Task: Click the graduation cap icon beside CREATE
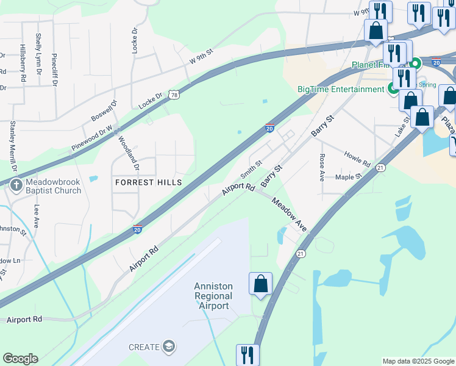(x=168, y=347)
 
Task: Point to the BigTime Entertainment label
(x=340, y=89)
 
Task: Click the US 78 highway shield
(x=174, y=95)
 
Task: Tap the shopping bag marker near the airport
(x=260, y=284)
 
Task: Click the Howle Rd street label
(x=357, y=160)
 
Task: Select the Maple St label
(x=349, y=177)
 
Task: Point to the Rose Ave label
(x=322, y=167)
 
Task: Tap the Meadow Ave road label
(x=289, y=213)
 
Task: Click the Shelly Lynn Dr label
(x=38, y=54)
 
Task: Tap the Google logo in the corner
(x=20, y=359)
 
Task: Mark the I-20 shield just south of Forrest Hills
(x=138, y=229)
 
